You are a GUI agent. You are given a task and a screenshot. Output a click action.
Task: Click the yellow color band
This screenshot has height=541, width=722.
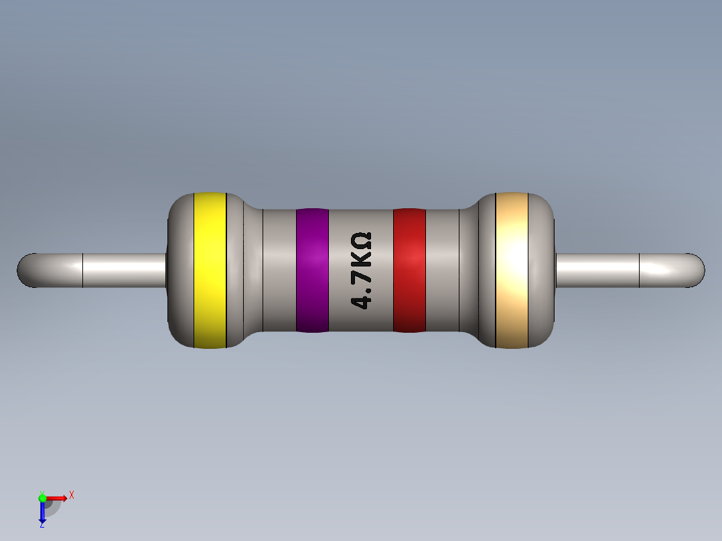210,270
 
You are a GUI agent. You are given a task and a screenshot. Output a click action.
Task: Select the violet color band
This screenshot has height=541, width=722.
312,270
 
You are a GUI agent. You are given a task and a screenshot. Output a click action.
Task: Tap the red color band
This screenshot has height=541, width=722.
409,270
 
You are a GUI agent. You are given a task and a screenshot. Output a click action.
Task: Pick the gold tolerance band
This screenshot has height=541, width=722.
512,270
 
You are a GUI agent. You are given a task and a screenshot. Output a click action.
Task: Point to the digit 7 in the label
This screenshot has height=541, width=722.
362,275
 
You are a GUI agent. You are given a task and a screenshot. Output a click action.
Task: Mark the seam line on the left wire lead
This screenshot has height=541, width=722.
82,270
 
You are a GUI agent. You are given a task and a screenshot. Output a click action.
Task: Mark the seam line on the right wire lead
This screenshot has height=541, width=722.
640,270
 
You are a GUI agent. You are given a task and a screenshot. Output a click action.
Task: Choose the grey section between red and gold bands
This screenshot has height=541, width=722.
443,270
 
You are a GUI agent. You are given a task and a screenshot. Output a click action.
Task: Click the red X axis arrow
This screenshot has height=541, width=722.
58,497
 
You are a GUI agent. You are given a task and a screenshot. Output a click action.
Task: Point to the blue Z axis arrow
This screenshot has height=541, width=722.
42,512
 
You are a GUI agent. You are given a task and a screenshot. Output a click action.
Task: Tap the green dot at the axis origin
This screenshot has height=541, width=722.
42,497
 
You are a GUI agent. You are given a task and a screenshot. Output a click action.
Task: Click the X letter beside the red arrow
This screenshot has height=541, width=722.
71,495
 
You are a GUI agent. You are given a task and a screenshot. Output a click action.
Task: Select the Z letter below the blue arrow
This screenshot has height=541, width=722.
42,526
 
